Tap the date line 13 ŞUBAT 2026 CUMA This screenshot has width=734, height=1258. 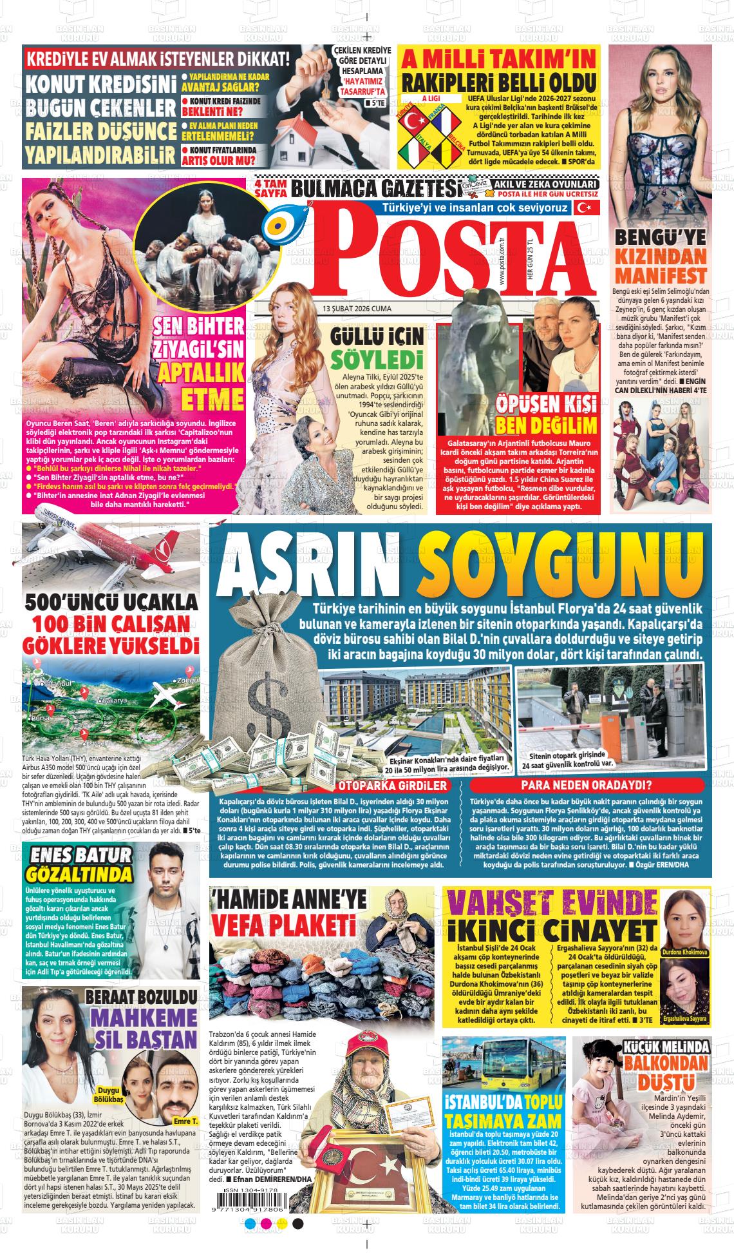357,309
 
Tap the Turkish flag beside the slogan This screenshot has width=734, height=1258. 585,208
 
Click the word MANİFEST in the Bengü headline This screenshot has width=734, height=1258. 661,275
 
